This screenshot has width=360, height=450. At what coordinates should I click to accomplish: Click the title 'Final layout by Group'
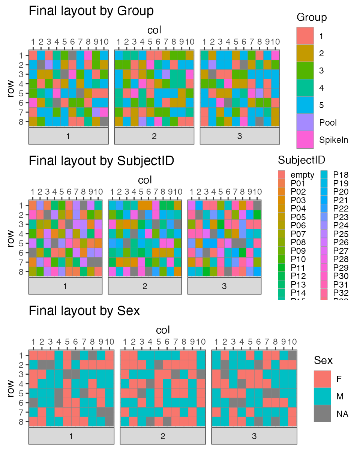pyautogui.click(x=91, y=11)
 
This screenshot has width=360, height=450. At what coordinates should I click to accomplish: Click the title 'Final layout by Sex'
pyautogui.click(x=84, y=310)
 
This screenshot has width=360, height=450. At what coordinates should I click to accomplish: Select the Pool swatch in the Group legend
pyautogui.click(x=305, y=123)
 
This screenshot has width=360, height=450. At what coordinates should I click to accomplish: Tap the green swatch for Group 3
pyautogui.click(x=305, y=70)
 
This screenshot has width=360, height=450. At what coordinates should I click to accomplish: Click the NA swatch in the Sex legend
pyautogui.click(x=322, y=414)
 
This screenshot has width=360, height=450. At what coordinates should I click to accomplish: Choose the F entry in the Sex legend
pyautogui.click(x=322, y=379)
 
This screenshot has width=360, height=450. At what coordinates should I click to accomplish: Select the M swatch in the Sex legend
pyautogui.click(x=322, y=396)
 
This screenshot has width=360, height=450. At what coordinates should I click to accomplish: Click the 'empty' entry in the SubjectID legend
pyautogui.click(x=282, y=175)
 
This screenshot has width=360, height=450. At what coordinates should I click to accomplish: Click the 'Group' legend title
pyautogui.click(x=311, y=17)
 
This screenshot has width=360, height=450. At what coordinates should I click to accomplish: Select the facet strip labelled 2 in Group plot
pyautogui.click(x=154, y=136)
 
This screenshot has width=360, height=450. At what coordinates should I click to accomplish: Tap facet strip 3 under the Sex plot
pyautogui.click(x=254, y=436)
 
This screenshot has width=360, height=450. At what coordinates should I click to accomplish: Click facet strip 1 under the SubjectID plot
pyautogui.click(x=65, y=286)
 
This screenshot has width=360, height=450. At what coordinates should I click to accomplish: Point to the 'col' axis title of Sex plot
pyautogui.click(x=163, y=330)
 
